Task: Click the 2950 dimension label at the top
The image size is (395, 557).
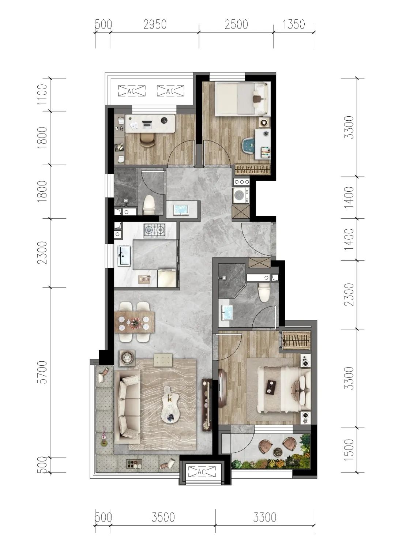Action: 155,25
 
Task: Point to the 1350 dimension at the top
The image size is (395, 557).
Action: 294,25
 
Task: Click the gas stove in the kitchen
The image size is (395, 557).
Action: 154,231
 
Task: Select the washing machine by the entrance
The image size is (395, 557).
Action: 241,195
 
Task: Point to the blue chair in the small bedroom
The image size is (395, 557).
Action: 248,145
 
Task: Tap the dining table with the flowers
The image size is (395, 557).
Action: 135,322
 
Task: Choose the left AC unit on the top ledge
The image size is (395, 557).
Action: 132,91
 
